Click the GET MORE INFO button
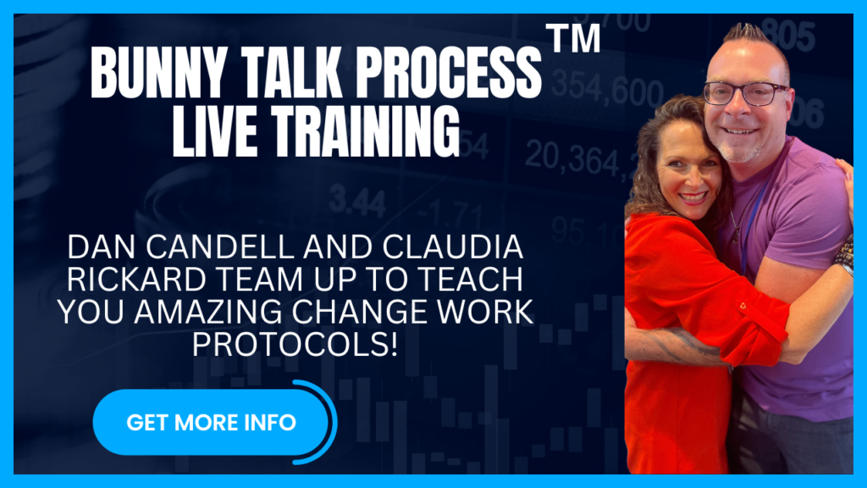[211, 422]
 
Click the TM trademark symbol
[573, 37]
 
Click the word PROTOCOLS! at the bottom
[295, 345]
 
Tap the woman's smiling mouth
[692, 197]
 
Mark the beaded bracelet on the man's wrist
[844, 254]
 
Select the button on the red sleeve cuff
[743, 305]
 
